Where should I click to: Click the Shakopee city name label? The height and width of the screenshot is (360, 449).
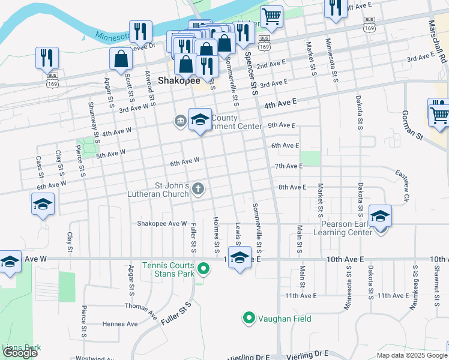(x=178, y=80)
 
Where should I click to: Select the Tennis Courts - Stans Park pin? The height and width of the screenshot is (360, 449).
(x=203, y=269)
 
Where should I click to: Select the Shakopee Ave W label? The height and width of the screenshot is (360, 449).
(x=162, y=223)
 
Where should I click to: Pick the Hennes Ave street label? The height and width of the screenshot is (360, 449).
(x=119, y=324)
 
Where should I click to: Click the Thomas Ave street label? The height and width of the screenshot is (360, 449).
(x=140, y=308)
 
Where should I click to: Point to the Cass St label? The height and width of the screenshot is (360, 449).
(x=39, y=166)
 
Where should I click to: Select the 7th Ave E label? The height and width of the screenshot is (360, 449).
(x=289, y=166)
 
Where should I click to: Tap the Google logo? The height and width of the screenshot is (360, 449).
(x=20, y=353)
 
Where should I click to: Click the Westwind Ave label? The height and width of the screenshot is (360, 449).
(x=95, y=358)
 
